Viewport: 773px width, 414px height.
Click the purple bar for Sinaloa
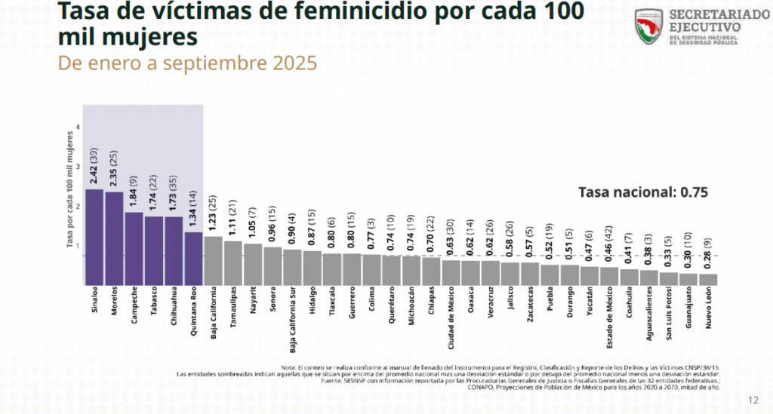(94, 237)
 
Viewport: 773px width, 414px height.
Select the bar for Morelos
(114, 238)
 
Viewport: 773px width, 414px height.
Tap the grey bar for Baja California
(213, 260)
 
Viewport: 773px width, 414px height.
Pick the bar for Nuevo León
(708, 279)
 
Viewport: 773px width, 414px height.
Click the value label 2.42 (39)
(95, 165)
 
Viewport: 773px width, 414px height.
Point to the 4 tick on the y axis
(79, 127)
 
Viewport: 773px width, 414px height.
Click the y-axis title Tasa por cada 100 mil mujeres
(69, 189)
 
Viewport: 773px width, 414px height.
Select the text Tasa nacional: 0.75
(642, 192)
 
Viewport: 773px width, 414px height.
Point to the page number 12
(753, 400)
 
